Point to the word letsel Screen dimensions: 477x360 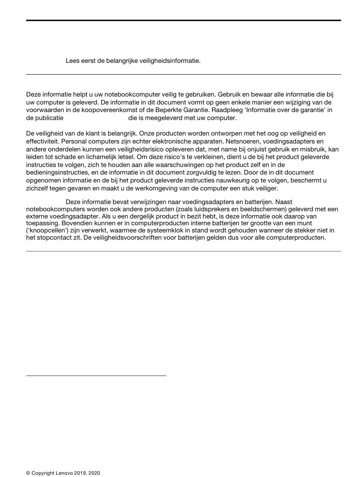[x=126, y=157]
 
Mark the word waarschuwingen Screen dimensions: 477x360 [x=185, y=165]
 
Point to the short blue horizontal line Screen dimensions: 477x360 [x=96, y=376]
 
